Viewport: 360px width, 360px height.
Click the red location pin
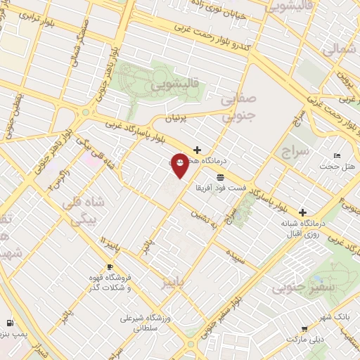[180, 165]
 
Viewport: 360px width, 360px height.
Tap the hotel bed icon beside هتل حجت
[337, 155]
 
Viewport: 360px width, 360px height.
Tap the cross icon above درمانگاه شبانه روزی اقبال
[303, 212]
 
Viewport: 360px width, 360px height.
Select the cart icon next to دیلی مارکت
[304, 328]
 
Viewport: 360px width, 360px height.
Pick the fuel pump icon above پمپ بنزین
[9, 323]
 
